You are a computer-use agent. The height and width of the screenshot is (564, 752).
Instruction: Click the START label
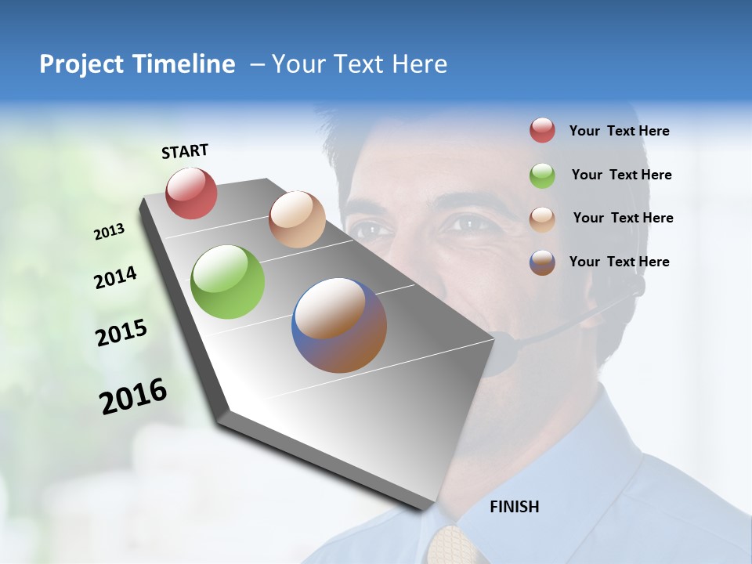click(x=185, y=151)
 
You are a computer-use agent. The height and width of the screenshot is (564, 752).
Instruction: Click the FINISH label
click(x=515, y=507)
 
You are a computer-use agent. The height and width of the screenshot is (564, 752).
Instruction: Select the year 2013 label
click(x=110, y=231)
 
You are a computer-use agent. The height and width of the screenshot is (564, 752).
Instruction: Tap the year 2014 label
click(x=116, y=277)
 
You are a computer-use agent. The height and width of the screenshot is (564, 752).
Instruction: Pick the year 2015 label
click(x=121, y=333)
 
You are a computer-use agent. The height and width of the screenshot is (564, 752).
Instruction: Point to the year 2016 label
click(x=133, y=396)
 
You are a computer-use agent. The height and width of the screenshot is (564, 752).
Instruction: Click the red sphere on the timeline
click(x=192, y=193)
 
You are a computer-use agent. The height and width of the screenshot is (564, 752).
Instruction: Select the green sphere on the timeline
click(x=228, y=282)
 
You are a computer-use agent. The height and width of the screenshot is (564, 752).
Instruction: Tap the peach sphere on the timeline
click(x=297, y=219)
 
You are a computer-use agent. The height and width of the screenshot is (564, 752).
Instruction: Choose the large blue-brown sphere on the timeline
click(x=339, y=325)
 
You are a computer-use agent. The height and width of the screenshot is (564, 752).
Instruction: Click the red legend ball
click(x=542, y=131)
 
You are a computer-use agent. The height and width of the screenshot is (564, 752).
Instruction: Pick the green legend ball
click(x=542, y=175)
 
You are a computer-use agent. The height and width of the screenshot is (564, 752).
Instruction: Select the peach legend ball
click(x=542, y=219)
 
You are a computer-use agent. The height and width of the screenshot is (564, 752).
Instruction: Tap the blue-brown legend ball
click(x=542, y=262)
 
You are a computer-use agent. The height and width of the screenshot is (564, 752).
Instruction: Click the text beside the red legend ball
click(x=619, y=131)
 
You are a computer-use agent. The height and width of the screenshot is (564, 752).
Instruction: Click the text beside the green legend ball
click(x=621, y=175)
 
